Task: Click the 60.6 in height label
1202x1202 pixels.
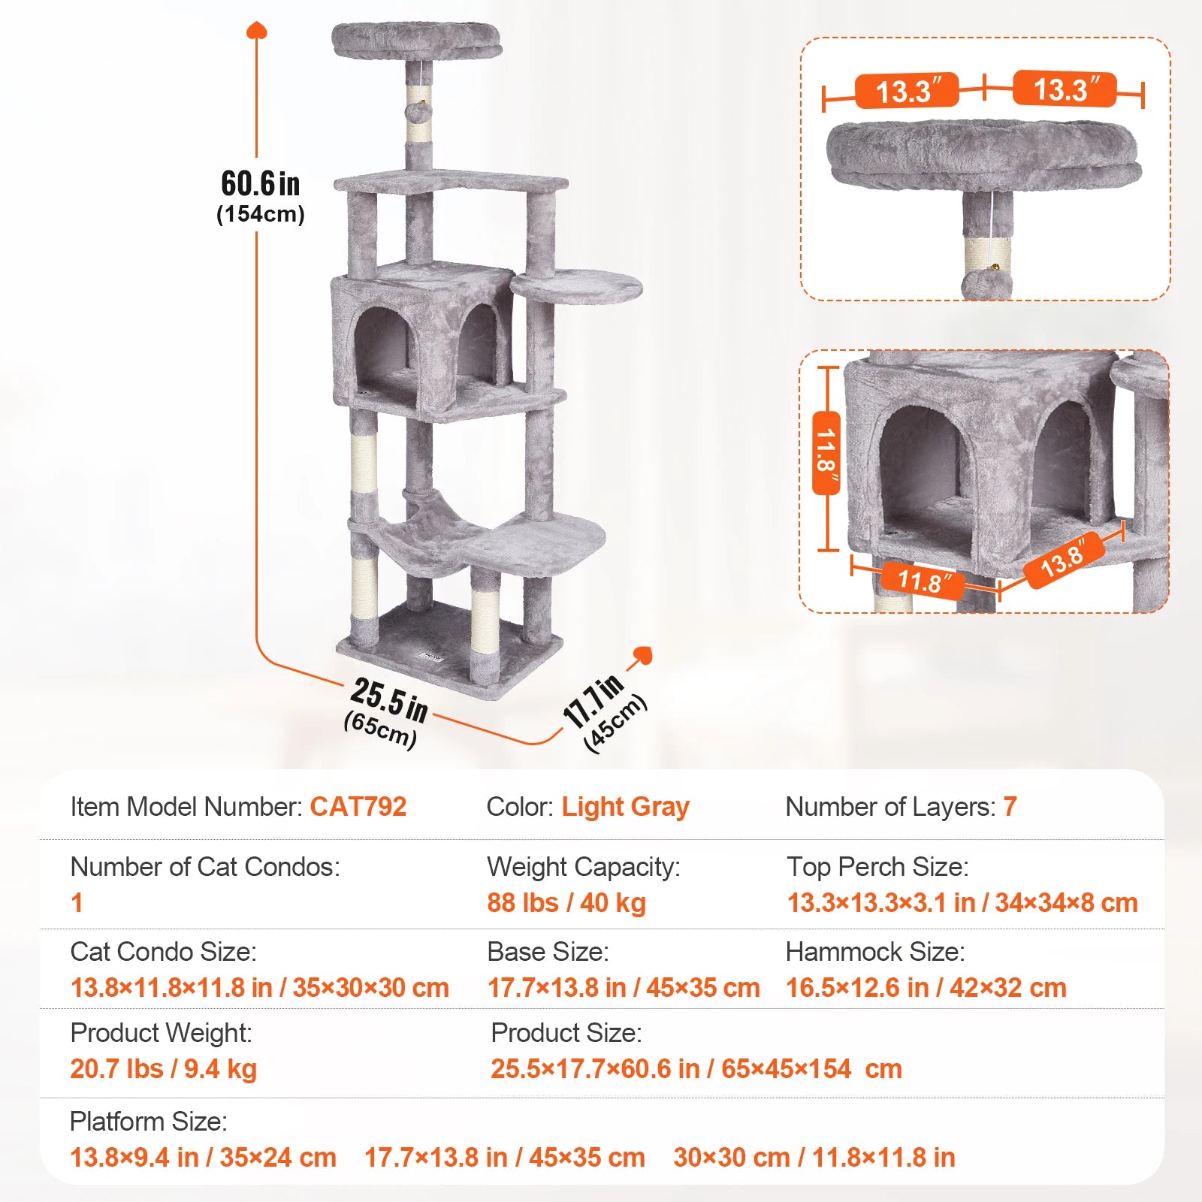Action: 260,184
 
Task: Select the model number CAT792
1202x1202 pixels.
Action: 358,807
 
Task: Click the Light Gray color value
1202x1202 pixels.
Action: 625,807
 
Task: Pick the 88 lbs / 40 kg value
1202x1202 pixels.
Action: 566,902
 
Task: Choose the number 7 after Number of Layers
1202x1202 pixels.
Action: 1010,807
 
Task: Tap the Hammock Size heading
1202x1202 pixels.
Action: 874,952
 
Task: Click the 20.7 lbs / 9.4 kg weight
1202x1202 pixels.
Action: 164,1068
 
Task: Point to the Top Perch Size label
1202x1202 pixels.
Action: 877,867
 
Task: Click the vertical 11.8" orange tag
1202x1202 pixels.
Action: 826,453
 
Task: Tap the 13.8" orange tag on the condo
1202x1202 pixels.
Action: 1063,560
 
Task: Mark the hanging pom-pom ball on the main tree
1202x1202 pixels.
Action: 415,112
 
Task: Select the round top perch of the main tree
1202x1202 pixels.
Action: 416,39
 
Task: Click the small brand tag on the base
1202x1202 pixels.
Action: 433,657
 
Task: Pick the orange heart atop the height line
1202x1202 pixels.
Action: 257,30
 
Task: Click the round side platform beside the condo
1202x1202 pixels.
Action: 576,286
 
